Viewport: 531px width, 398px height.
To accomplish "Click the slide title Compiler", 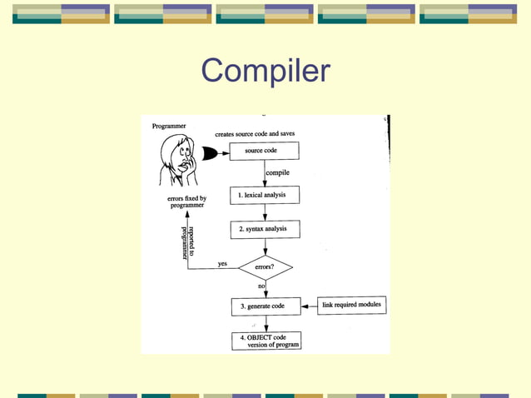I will [x=265, y=71].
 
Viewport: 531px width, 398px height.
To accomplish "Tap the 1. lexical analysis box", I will [x=265, y=195].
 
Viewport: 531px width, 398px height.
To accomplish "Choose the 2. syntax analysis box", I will [x=265, y=229].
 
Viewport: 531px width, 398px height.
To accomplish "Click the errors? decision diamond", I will [x=265, y=268].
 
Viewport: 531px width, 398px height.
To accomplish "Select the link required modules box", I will [x=352, y=306].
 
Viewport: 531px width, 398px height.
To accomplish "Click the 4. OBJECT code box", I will [x=265, y=341].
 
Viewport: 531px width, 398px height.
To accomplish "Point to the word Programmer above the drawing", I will [x=169, y=126].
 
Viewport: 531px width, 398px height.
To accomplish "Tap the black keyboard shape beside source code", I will [x=211, y=153].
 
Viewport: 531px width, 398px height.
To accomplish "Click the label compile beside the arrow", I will [x=278, y=173].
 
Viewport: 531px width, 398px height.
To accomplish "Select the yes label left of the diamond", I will [x=222, y=264].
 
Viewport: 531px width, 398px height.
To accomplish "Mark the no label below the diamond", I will [x=261, y=286].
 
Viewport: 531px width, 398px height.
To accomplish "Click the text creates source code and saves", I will [x=255, y=134].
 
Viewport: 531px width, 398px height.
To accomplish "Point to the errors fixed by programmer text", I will [x=186, y=202].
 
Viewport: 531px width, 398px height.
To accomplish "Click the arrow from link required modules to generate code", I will [x=309, y=306].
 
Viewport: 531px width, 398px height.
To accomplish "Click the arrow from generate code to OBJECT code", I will [x=265, y=324].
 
